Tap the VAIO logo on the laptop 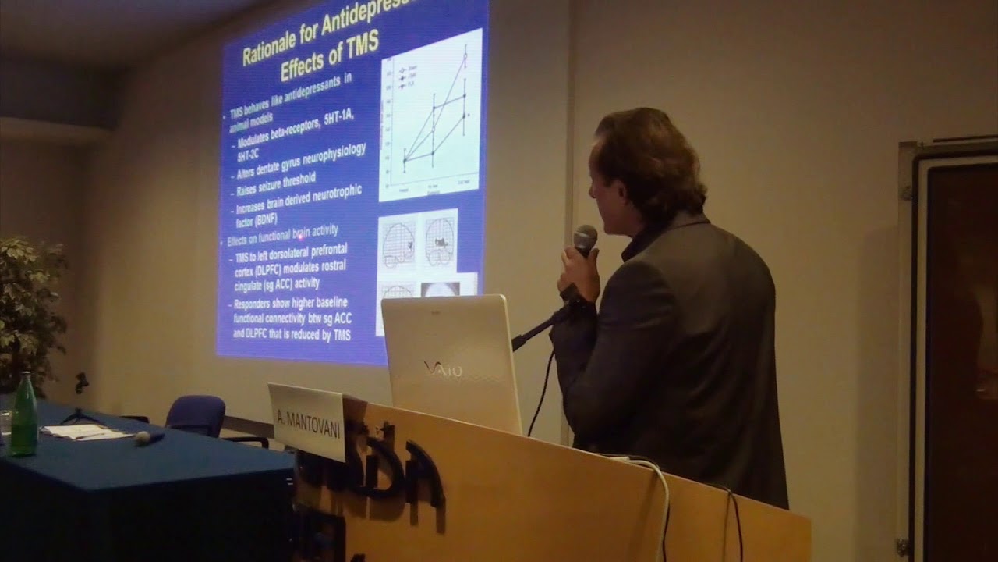[442, 367]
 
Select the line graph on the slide [431, 117]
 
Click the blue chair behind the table [196, 414]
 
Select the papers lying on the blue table [78, 432]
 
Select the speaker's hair [647, 156]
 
